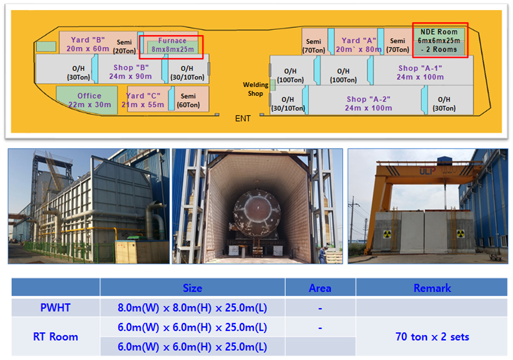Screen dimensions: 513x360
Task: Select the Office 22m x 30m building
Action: [x=88, y=100]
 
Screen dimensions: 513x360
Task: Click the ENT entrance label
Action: [x=243, y=119]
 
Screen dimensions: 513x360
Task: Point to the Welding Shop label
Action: [x=255, y=89]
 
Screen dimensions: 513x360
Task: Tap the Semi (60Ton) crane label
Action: [x=188, y=100]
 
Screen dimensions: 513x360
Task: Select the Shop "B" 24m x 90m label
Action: [x=130, y=72]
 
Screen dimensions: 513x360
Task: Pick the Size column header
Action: [x=192, y=288]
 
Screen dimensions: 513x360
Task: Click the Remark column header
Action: [x=432, y=288]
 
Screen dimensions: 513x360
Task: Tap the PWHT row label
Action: [x=55, y=307]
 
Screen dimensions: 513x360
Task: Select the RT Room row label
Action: [x=56, y=336]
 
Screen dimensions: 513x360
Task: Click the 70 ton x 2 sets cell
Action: [x=432, y=336]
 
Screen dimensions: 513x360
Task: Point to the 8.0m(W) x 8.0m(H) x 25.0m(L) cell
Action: [x=192, y=308]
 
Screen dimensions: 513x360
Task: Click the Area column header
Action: [x=320, y=288]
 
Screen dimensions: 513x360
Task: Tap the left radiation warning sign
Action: [x=387, y=234]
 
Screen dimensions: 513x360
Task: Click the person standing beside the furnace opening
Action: [x=323, y=254]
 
